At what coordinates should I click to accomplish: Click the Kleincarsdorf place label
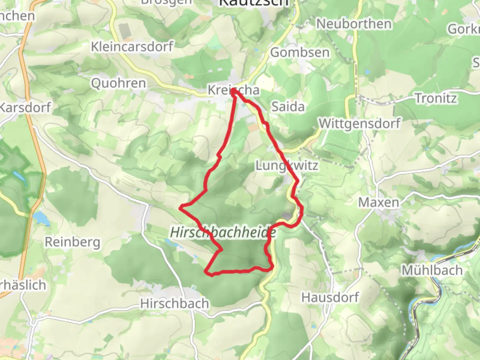pyautogui.click(x=132, y=47)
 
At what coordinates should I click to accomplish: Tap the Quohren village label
pyautogui.click(x=118, y=83)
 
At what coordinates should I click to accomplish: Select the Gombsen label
pyautogui.click(x=300, y=52)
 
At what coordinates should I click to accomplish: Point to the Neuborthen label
pyautogui.click(x=354, y=24)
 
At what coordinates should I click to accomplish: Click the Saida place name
pyautogui.click(x=288, y=107)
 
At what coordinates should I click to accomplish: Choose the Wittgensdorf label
pyautogui.click(x=359, y=124)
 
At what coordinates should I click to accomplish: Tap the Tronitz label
pyautogui.click(x=436, y=98)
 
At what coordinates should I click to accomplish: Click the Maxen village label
pyautogui.click(x=379, y=202)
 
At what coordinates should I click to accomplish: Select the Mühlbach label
pyautogui.click(x=432, y=270)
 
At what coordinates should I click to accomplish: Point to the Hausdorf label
pyautogui.click(x=330, y=297)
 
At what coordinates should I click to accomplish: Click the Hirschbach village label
pyautogui.click(x=174, y=303)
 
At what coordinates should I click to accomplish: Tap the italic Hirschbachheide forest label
pyautogui.click(x=223, y=232)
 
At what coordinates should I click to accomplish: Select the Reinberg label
pyautogui.click(x=72, y=242)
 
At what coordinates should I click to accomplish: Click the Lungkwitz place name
pyautogui.click(x=287, y=165)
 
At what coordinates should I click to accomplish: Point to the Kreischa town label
pyautogui.click(x=233, y=90)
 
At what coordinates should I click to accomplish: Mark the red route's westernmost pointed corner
pyautogui.click(x=180, y=208)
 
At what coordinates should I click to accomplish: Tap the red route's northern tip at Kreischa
pyautogui.click(x=234, y=91)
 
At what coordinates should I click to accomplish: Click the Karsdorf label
pyautogui.click(x=25, y=108)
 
